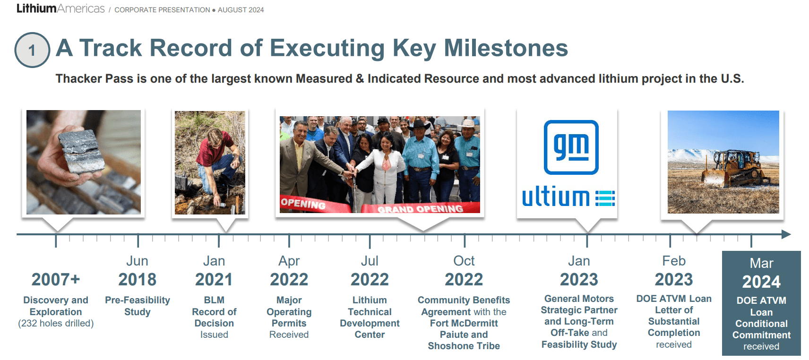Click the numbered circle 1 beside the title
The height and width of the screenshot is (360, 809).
point(32,50)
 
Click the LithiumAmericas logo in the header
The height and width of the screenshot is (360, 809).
point(60,9)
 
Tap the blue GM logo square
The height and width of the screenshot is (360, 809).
point(571,147)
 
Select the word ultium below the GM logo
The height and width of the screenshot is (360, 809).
point(556,197)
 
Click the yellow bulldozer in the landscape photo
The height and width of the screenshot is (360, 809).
point(735,169)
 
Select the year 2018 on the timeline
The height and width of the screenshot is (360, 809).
point(137,280)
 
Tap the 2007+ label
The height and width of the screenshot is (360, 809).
point(56,280)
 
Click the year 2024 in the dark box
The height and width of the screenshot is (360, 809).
point(761,282)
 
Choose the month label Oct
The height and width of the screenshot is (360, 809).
point(464,261)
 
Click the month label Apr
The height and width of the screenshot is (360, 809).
point(289,261)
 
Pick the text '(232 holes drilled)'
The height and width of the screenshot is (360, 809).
point(56,323)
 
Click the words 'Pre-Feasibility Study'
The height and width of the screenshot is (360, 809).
point(137,306)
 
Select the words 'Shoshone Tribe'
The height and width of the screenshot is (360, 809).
point(464,346)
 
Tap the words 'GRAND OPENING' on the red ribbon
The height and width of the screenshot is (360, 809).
point(420,209)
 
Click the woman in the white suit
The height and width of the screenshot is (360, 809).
point(386,170)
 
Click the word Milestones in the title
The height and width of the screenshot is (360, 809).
point(506,48)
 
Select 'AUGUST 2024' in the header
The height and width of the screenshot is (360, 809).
point(241,10)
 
